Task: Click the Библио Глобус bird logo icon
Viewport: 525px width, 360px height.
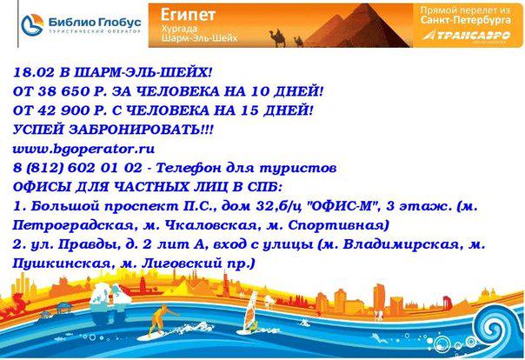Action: (32, 24)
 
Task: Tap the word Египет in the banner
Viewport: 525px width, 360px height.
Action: (188, 15)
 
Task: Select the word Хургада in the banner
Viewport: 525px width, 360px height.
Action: (179, 29)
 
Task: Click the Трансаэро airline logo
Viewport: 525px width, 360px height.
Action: (467, 36)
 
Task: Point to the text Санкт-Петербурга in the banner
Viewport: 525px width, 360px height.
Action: (466, 20)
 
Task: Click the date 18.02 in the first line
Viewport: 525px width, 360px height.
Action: (34, 72)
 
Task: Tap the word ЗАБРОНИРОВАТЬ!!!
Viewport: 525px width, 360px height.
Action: (141, 130)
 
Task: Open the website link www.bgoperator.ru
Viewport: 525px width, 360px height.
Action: (83, 149)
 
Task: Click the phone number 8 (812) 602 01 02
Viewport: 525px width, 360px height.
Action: (77, 168)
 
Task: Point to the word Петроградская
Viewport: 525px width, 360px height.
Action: (73, 225)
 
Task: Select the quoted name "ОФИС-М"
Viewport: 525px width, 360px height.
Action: (342, 206)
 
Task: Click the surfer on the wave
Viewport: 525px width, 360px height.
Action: (161, 321)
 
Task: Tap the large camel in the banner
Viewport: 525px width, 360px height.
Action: (277, 38)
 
